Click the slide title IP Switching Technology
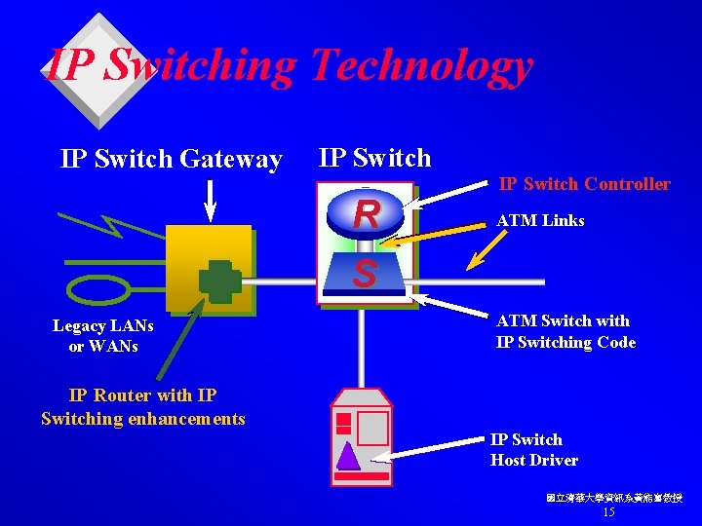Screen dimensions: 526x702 coord(290,66)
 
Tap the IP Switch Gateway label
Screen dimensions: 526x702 coord(172,159)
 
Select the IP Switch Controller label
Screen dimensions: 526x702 coord(584,183)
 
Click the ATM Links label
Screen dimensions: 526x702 coord(540,221)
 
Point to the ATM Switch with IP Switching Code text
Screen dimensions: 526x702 coord(565,331)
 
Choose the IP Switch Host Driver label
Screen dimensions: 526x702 coord(533,450)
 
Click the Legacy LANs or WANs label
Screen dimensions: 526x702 coord(96,336)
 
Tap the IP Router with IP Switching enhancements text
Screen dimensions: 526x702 coord(143,407)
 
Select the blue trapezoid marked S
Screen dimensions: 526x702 coord(365,273)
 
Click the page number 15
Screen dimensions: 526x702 coord(609,512)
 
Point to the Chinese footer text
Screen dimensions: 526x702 coord(613,498)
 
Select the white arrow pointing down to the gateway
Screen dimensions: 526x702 coord(210,200)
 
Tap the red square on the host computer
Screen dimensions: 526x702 coord(343,422)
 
